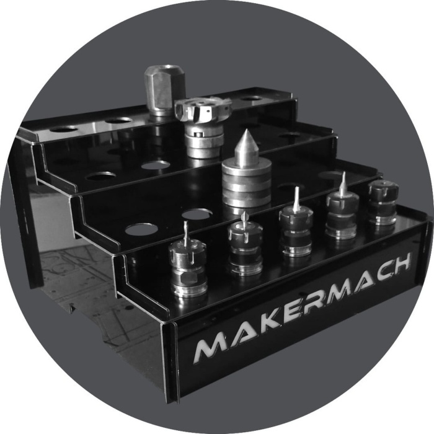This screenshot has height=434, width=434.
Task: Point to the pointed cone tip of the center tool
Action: tap(246, 132)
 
